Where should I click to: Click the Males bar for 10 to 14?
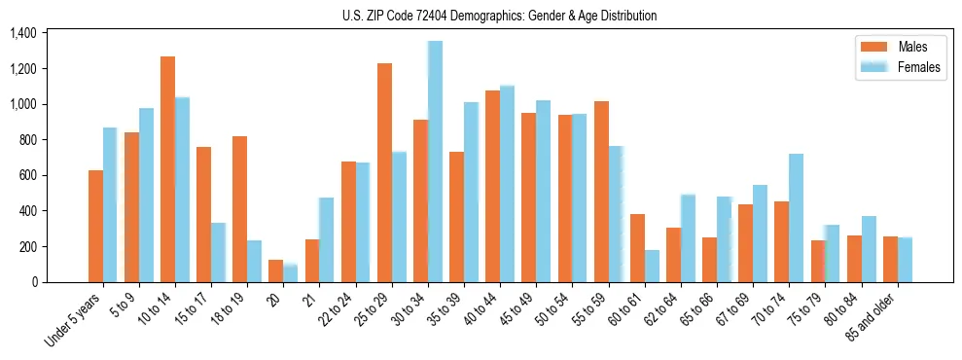coord(167,169)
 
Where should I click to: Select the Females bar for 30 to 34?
coord(435,162)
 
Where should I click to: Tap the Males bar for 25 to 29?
coord(384,172)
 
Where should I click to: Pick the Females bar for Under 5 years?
coord(110,204)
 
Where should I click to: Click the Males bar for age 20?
coord(276,270)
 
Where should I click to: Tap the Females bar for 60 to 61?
coord(652,266)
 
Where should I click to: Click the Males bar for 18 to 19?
coord(239,209)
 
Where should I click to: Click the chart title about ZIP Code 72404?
coord(499,16)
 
